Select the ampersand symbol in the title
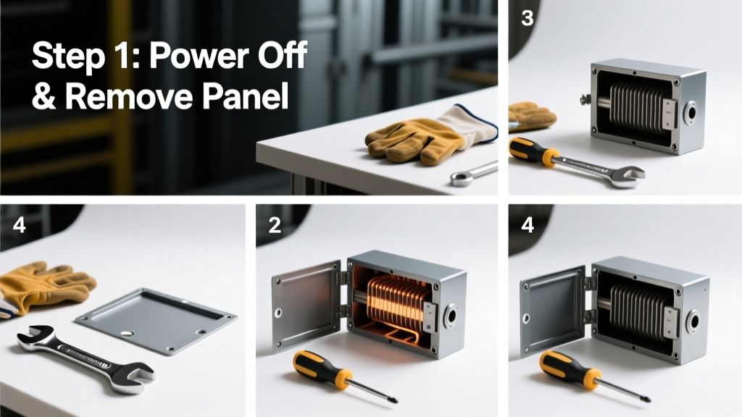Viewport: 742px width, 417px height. point(44,96)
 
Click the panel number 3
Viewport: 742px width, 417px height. point(528,18)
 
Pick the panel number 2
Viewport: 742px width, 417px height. point(275,225)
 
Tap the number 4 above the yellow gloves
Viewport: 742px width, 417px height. point(20,225)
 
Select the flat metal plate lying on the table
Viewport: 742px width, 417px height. point(157,320)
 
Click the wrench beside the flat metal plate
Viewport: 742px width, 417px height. point(86,358)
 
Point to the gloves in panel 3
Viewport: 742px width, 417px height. point(531,116)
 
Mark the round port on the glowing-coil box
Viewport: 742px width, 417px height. point(450,316)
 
